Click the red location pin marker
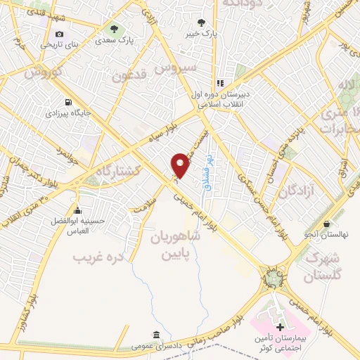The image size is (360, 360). click(181, 165)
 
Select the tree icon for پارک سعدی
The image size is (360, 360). click(114, 29)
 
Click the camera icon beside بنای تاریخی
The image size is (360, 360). click(59, 34)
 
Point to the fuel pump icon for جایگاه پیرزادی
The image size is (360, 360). click(67, 101)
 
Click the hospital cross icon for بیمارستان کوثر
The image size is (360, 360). click(281, 328)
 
